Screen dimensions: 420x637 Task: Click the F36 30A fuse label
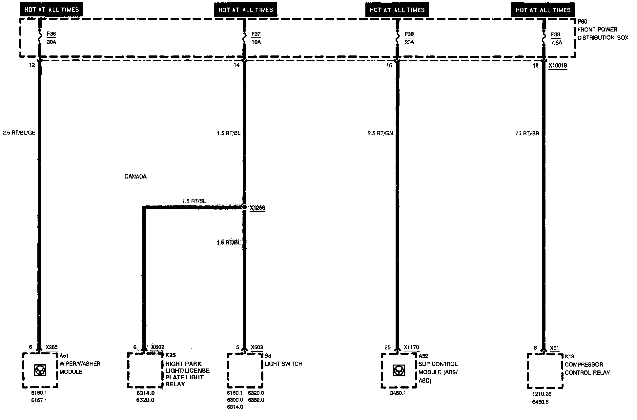[x=51, y=38]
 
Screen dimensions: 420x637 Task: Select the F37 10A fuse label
[x=256, y=38]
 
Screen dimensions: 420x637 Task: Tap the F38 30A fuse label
[x=409, y=38]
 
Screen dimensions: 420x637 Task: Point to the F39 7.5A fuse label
[x=556, y=38]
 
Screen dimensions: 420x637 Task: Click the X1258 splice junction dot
[x=244, y=207]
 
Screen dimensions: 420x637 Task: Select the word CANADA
[x=135, y=177]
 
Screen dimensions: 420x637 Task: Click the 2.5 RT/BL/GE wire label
[x=19, y=133]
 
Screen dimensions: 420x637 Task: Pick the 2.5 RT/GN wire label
[x=380, y=133]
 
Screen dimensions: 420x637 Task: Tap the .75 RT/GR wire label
[x=527, y=134]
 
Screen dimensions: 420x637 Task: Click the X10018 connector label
[x=558, y=66]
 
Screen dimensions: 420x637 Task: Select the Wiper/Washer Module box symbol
[x=40, y=370]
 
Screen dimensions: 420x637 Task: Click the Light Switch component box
[x=245, y=370]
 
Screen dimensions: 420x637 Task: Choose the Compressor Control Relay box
[x=545, y=371]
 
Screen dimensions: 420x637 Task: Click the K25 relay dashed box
[x=145, y=370]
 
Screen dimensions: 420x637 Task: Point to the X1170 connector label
[x=411, y=347]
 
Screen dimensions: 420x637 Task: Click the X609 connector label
[x=157, y=347]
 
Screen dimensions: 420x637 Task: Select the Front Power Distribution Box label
[x=602, y=33]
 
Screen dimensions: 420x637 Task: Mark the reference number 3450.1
[x=398, y=393]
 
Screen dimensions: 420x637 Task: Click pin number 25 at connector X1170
[x=387, y=347]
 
